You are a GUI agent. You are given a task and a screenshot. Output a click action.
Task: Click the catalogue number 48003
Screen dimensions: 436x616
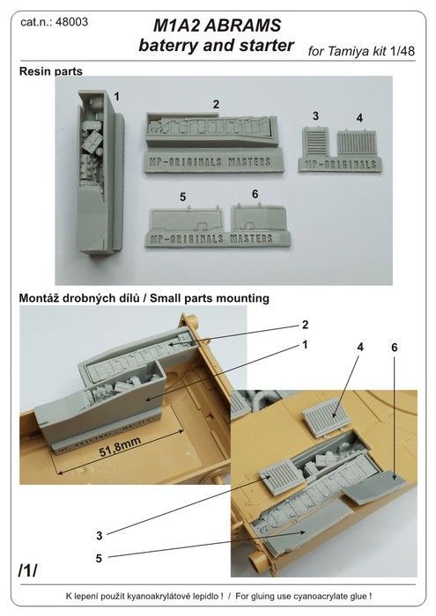71,22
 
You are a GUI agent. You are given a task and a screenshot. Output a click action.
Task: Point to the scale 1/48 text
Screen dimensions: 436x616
403,51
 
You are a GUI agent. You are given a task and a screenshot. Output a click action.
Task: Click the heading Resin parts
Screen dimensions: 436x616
51,71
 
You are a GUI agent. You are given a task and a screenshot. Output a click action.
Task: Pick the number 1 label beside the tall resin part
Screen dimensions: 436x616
116,96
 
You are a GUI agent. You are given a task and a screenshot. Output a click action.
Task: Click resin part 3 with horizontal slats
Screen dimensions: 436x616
315,143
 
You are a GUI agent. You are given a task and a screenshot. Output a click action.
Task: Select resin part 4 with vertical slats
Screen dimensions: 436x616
357,143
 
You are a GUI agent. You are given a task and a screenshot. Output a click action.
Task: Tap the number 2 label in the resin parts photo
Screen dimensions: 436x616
216,104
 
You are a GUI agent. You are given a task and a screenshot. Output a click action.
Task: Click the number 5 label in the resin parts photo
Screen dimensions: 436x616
183,197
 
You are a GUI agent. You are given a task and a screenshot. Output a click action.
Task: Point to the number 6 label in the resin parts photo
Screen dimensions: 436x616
255,194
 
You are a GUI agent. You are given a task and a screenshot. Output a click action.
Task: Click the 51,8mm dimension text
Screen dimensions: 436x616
120,447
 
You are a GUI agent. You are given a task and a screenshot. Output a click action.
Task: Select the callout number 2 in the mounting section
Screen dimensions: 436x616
306,325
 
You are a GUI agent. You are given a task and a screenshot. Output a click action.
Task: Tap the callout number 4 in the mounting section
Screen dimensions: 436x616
360,347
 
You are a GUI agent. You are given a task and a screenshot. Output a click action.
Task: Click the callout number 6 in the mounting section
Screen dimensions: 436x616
395,348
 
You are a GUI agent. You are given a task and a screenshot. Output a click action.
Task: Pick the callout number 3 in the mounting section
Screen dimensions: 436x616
100,535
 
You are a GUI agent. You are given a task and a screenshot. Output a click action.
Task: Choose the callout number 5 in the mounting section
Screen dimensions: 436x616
99,558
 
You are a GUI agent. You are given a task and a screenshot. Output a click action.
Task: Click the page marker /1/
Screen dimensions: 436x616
27,570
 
